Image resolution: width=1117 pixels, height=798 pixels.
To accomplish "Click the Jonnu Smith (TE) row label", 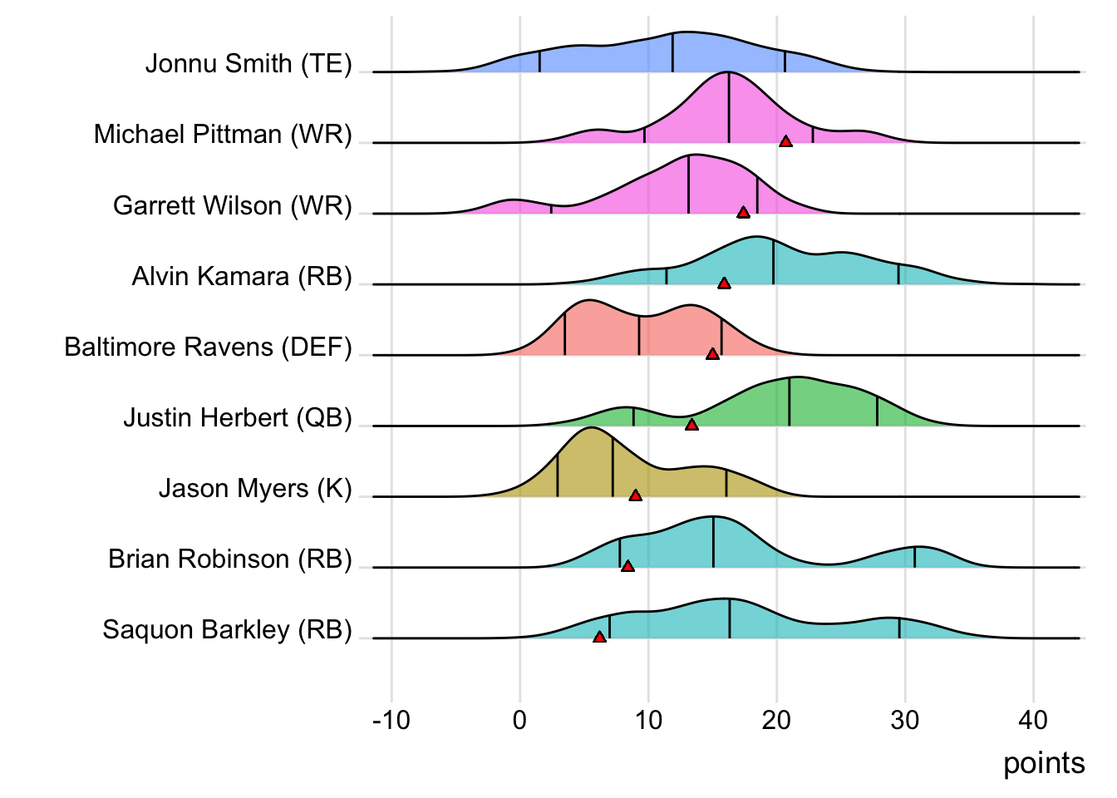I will tap(248, 64).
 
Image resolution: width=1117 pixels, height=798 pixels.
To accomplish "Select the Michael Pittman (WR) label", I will tap(223, 135).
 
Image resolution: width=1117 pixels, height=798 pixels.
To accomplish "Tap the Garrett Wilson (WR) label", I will tap(233, 205).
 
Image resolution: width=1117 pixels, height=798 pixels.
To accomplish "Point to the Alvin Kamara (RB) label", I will tap(242, 276).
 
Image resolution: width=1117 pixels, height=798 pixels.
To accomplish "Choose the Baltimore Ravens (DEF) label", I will tap(208, 347).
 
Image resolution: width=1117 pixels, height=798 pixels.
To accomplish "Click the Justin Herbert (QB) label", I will tap(238, 417).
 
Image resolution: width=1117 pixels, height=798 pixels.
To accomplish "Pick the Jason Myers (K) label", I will tap(255, 488).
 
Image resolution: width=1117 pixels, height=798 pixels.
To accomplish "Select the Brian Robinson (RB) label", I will tap(230, 559).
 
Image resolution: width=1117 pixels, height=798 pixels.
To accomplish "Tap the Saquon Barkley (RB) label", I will tap(227, 630).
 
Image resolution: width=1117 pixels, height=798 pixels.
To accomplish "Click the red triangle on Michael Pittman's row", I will tap(785, 142).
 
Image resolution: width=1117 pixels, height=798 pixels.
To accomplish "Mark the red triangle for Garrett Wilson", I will tap(744, 213).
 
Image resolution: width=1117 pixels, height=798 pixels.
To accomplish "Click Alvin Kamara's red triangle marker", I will tap(724, 283).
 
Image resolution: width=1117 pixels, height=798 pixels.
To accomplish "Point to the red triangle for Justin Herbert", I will tap(691, 425).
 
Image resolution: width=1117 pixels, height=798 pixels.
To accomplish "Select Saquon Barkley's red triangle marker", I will tap(599, 638).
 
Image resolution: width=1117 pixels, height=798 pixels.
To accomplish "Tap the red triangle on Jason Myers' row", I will tap(635, 495).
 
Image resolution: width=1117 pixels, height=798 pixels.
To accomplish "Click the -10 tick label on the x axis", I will tap(391, 720).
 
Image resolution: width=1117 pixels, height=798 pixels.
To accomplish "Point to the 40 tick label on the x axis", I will tap(1033, 720).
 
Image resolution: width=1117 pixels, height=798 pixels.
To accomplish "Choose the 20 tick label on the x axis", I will tap(776, 720).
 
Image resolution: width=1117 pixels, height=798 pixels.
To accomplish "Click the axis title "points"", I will tap(1044, 763).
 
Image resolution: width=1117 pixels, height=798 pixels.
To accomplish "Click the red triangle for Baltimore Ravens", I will tap(712, 354).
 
